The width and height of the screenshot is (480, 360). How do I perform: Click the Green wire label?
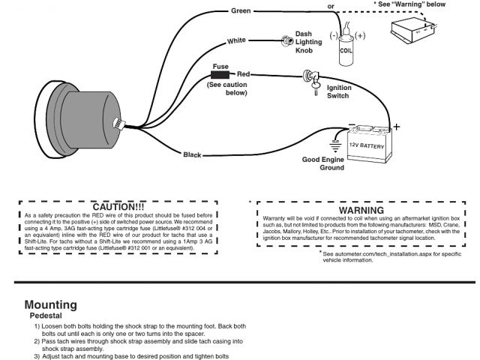(x=241, y=12)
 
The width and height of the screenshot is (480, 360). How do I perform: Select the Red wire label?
(x=244, y=75)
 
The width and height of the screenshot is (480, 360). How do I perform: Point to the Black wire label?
(x=193, y=154)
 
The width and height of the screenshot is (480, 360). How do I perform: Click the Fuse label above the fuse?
(x=220, y=66)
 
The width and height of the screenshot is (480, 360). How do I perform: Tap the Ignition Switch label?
(x=339, y=92)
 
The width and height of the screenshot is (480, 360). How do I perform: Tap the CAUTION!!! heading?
(x=117, y=205)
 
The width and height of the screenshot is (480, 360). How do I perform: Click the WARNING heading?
(x=350, y=211)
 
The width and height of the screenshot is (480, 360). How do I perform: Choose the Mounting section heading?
(x=50, y=304)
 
